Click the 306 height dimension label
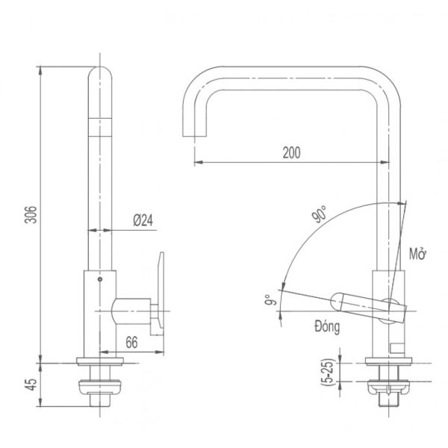coord(31,214)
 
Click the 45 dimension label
coord(31,385)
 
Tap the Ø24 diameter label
coord(143,220)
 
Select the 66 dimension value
coord(131,342)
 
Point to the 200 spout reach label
coord(291,152)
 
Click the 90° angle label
coord(320,214)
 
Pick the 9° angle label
coord(270,300)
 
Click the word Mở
coord(417,254)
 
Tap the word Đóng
coord(327,326)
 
